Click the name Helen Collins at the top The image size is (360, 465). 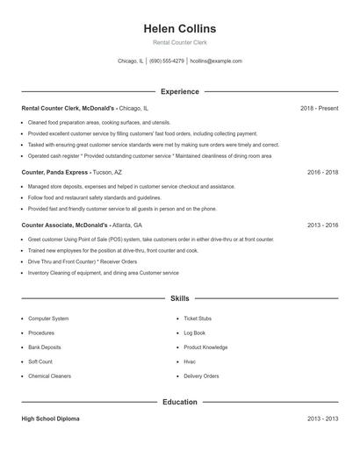(179, 29)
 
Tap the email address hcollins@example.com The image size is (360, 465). (216, 61)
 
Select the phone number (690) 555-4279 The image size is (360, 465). (167, 61)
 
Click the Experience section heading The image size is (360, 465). (179, 91)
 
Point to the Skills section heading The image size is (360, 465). (179, 298)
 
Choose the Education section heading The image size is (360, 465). (179, 402)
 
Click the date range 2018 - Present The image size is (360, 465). (319, 108)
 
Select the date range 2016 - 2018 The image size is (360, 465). (322, 173)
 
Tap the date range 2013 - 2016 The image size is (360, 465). (322, 225)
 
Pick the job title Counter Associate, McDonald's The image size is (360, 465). (68, 225)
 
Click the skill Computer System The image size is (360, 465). (48, 318)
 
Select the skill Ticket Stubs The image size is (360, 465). (198, 318)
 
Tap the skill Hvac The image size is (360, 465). (190, 361)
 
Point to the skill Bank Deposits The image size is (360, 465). (45, 347)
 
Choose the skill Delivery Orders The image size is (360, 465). (201, 376)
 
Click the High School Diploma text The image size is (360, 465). (50, 418)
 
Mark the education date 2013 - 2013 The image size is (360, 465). (322, 418)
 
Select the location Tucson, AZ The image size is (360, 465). (107, 173)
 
